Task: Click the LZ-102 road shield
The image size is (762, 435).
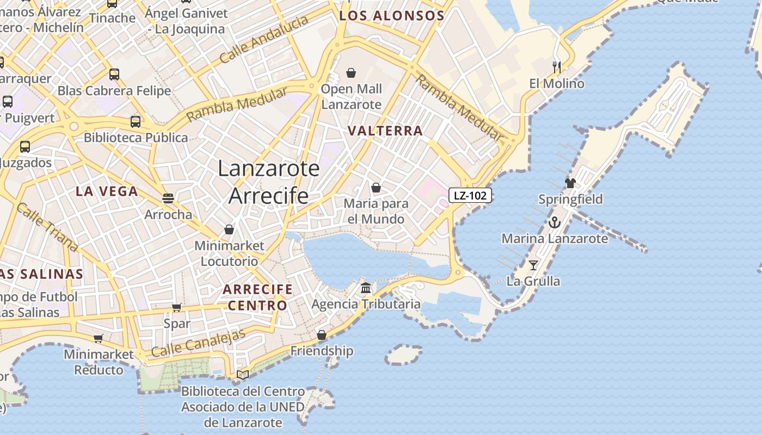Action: click(x=470, y=195)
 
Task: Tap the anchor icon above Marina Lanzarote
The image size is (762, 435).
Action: click(x=554, y=222)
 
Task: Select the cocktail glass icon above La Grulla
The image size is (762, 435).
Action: click(x=533, y=265)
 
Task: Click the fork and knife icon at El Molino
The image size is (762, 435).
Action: click(x=556, y=67)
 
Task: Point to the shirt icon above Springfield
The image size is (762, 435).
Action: click(x=570, y=183)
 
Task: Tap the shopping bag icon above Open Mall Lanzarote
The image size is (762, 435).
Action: click(x=351, y=72)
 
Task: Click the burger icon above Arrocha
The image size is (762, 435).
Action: click(x=168, y=198)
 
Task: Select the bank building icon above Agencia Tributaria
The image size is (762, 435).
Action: click(x=366, y=287)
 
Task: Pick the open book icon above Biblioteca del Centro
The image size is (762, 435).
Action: click(x=243, y=375)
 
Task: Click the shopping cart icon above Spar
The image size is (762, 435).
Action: click(x=177, y=308)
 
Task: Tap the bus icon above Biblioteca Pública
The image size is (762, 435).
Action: click(x=136, y=122)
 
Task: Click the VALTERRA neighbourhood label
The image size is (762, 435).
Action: click(x=385, y=130)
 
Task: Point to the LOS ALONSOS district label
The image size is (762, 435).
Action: click(x=392, y=16)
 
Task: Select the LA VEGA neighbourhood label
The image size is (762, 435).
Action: click(x=107, y=191)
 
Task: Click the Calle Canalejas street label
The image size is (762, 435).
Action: click(x=199, y=344)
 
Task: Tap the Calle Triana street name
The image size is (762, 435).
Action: click(x=47, y=227)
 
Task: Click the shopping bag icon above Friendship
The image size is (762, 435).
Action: click(x=322, y=334)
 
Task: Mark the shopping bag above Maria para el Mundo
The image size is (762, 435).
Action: click(x=376, y=188)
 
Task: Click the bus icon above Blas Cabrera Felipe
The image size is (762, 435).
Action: click(x=114, y=74)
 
